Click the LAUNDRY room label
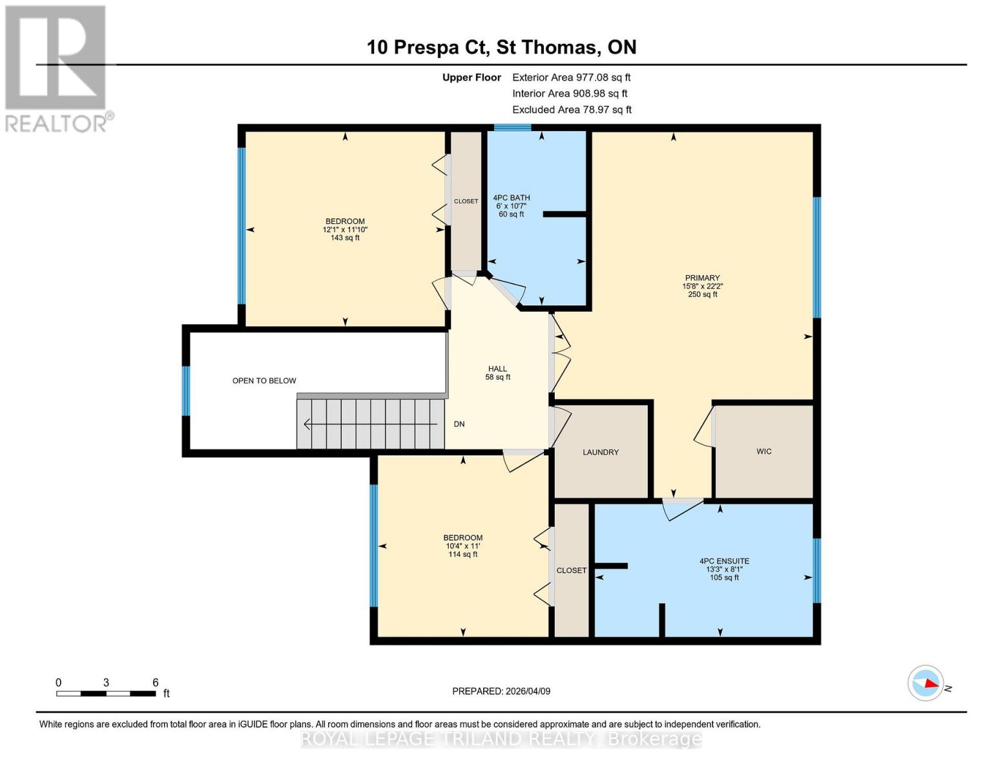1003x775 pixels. (601, 452)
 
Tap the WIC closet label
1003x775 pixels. (764, 451)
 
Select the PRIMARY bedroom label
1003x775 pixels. (702, 278)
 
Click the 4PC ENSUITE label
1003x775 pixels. (724, 561)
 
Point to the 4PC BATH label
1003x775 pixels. (511, 198)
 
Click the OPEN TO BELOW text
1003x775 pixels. (264, 381)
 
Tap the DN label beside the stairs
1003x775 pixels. (459, 424)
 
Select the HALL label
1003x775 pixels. (497, 369)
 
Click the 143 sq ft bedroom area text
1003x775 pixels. (345, 238)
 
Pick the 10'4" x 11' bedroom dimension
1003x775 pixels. (462, 546)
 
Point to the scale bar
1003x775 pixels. (106, 694)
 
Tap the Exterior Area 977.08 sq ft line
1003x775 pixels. (571, 77)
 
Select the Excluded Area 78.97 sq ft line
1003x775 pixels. (572, 110)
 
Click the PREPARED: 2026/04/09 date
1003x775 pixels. (501, 691)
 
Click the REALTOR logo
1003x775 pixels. (57, 68)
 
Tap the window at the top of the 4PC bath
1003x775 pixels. (513, 127)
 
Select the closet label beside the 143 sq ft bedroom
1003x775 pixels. (466, 201)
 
